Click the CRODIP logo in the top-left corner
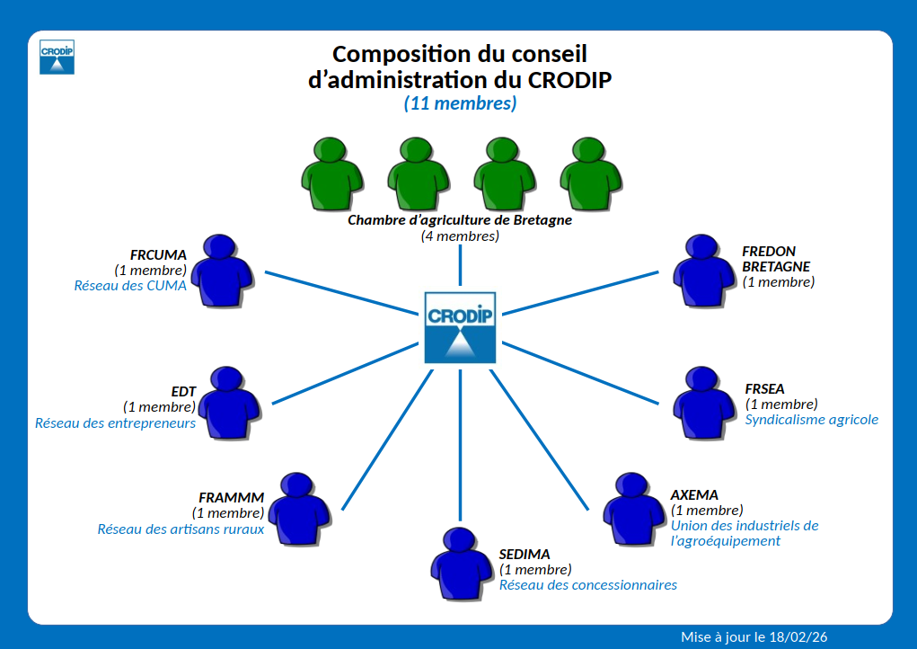(57, 56)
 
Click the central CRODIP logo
(460, 327)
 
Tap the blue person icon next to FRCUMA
(222, 271)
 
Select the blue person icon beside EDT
(229, 404)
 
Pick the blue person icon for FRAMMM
(299, 510)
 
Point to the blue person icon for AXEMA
(633, 509)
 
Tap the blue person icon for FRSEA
(703, 404)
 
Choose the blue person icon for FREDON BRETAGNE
(703, 271)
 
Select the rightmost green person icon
(590, 173)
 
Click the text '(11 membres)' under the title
(460, 103)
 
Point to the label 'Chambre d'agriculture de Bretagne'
(460, 219)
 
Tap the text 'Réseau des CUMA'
(130, 286)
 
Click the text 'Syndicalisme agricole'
(812, 420)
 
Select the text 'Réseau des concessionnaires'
(588, 585)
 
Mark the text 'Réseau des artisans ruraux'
(181, 529)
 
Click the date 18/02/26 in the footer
(798, 636)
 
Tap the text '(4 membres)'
(460, 236)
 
